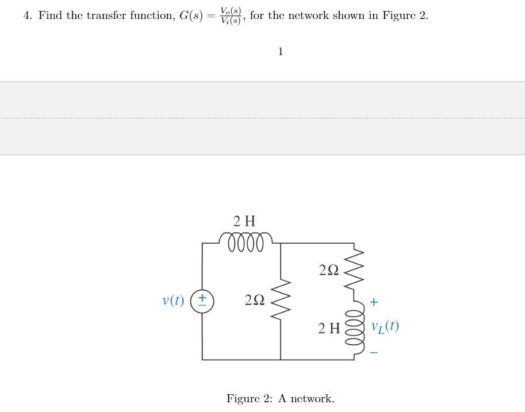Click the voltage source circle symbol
tap(202, 301)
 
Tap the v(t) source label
tap(173, 300)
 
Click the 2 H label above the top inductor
tap(244, 221)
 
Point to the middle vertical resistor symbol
tap(281, 301)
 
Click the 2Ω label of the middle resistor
tap(254, 300)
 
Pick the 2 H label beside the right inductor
tap(329, 329)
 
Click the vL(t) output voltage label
tap(385, 326)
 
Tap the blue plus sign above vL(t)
tap(374, 301)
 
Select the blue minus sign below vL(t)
tap(374, 352)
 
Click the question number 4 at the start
tap(27, 16)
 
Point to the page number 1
tap(280, 52)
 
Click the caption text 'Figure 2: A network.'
tap(280, 398)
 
